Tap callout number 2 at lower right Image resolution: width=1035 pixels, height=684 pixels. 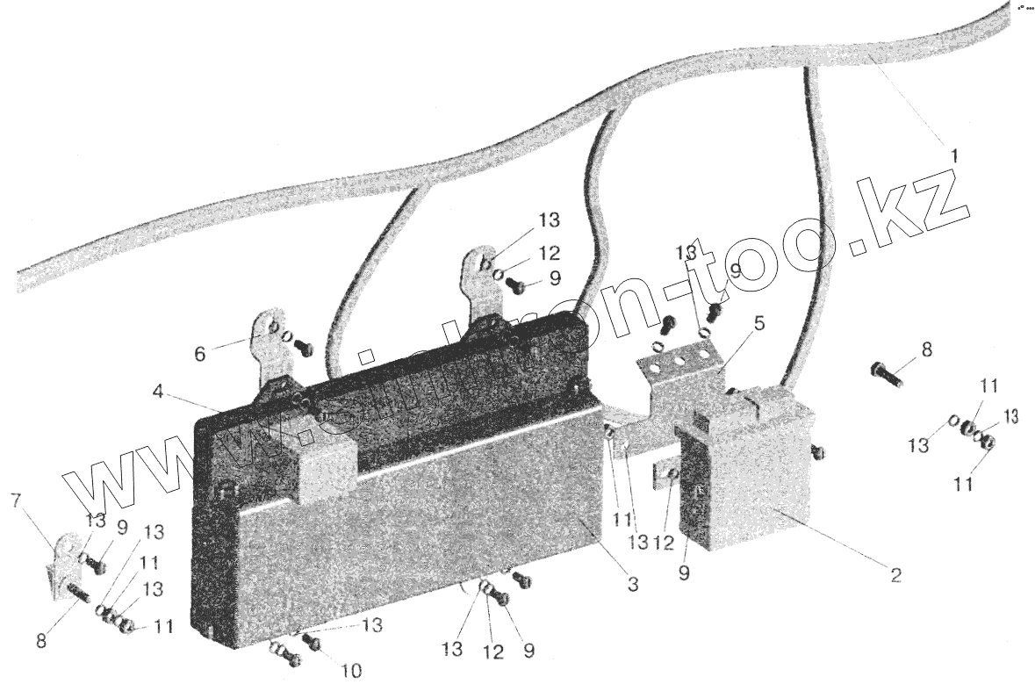tap(895, 576)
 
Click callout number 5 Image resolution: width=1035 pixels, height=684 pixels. tap(758, 323)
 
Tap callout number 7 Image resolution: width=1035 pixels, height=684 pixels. tap(14, 500)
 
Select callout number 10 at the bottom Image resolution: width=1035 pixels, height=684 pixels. tap(351, 671)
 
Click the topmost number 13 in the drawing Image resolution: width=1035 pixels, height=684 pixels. tap(550, 220)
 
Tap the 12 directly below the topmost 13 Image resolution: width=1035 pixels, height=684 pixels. tap(550, 254)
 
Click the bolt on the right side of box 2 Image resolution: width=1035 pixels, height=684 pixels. tap(817, 451)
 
